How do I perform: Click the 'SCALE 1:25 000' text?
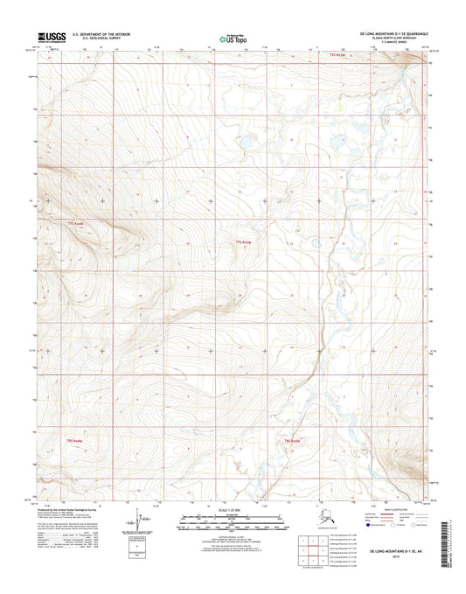232,509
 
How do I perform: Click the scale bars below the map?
232,522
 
